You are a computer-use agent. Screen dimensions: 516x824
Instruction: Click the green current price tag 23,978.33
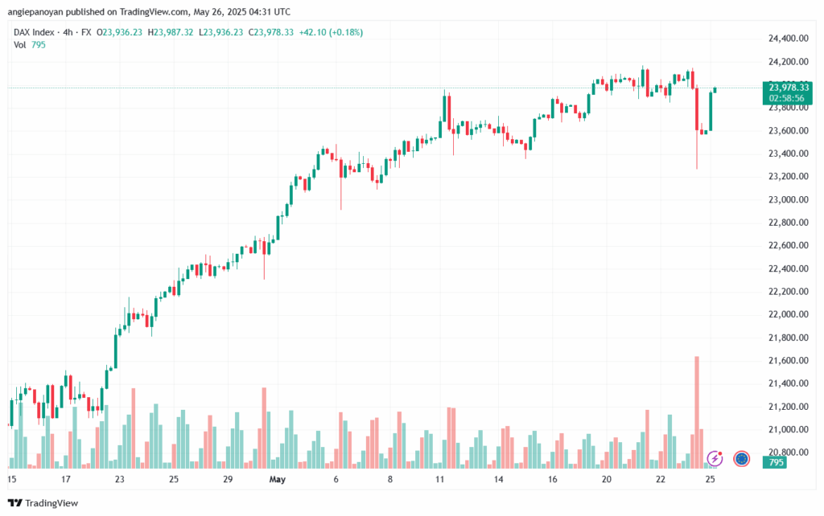pyautogui.click(x=789, y=87)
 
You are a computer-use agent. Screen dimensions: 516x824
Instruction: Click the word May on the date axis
pyautogui.click(x=278, y=480)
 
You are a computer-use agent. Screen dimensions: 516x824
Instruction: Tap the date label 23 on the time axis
pyautogui.click(x=119, y=480)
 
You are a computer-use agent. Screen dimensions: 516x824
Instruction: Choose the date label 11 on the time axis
pyautogui.click(x=440, y=480)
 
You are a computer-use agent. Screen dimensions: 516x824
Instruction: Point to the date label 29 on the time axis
pyautogui.click(x=228, y=480)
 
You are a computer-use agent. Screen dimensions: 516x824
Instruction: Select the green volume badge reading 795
pyautogui.click(x=777, y=463)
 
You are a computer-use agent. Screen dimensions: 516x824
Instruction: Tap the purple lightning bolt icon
pyautogui.click(x=715, y=459)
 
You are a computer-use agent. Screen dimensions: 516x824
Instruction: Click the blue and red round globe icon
pyautogui.click(x=742, y=459)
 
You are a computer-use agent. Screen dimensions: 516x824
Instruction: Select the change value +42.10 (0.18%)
pyautogui.click(x=332, y=32)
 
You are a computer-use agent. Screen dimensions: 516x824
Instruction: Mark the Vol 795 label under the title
pyautogui.click(x=30, y=45)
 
